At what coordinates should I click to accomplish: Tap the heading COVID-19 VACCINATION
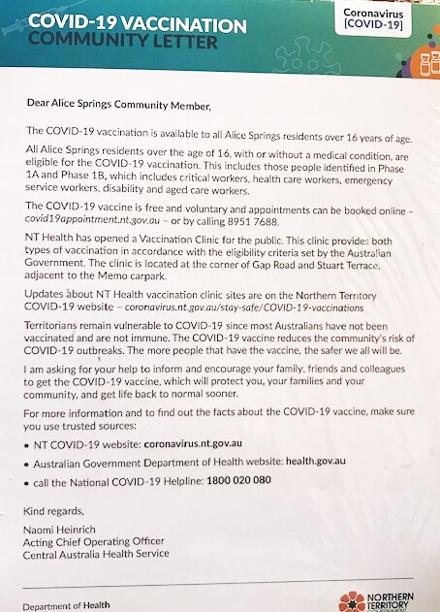pos(137,23)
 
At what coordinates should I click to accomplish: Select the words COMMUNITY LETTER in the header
pos(124,42)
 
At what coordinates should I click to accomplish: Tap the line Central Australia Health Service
pos(97,554)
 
